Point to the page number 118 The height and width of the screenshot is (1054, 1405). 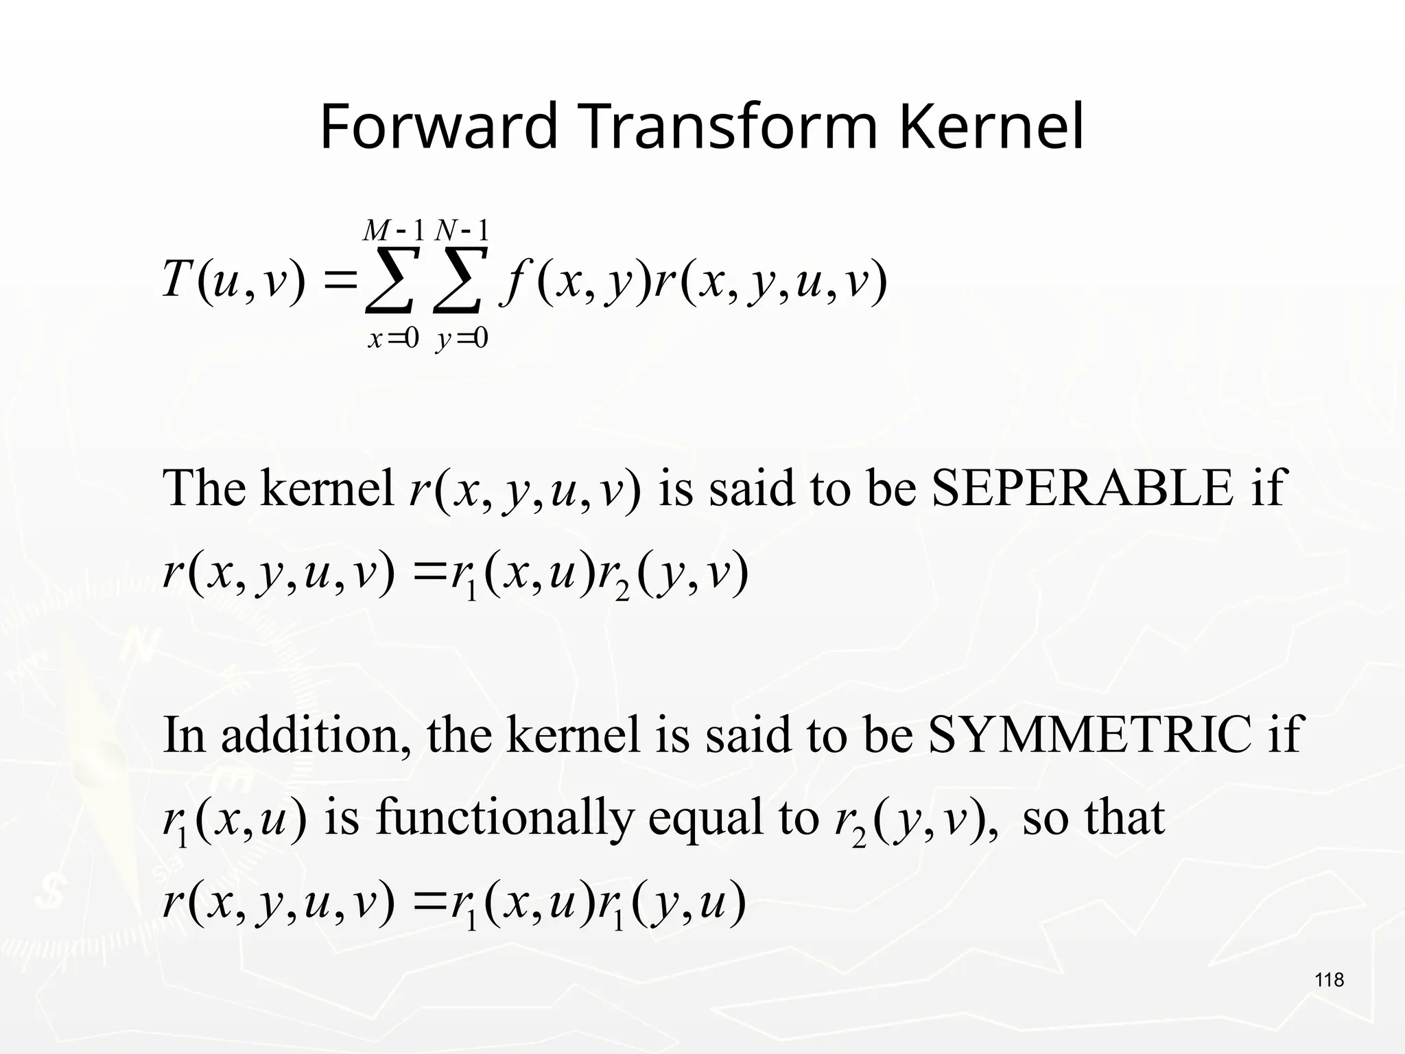coord(1330,980)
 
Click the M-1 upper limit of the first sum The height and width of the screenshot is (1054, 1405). coord(394,231)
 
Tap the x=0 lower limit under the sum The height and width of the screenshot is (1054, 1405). coord(393,338)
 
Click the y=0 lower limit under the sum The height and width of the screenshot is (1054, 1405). coord(461,338)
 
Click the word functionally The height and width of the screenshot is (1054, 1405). coord(504,818)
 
